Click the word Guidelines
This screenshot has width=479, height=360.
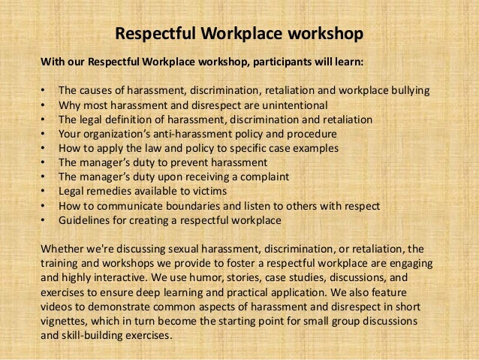(86, 219)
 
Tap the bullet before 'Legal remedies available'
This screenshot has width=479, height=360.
(44, 191)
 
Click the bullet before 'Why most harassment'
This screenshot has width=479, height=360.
(44, 105)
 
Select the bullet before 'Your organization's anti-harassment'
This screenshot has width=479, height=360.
(44, 134)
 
